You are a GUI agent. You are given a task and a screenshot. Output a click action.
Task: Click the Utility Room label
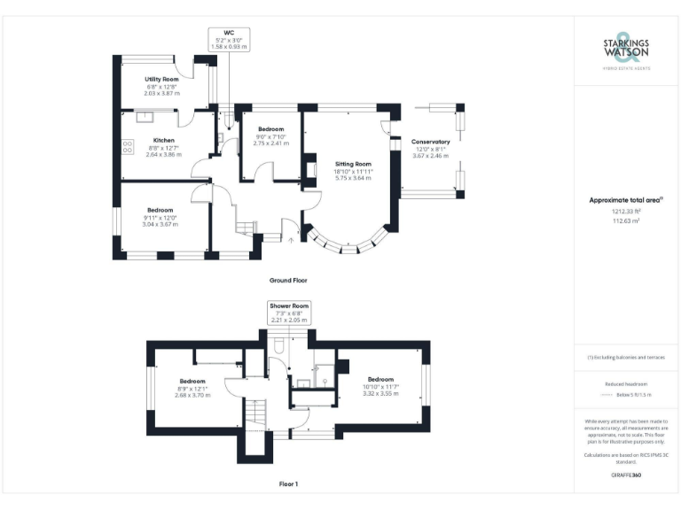point(163,80)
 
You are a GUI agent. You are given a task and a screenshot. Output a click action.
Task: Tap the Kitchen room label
point(163,141)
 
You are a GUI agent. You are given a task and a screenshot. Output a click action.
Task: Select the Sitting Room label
point(352,164)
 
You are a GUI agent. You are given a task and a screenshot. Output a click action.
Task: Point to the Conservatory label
point(430,142)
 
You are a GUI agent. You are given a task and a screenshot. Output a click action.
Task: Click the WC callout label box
point(229,38)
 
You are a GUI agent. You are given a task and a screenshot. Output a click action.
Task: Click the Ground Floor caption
point(288,280)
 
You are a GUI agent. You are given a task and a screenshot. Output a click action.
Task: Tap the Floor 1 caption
point(288,484)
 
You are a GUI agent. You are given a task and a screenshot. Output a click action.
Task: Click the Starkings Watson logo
point(625,51)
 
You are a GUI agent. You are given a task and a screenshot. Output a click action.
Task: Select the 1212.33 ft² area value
point(625,212)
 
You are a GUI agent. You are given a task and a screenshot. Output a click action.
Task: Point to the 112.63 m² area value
point(625,221)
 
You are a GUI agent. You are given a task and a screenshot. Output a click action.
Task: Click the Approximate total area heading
point(625,200)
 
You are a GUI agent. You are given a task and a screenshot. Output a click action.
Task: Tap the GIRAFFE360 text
point(625,475)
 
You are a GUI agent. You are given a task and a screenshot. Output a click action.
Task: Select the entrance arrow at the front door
point(292,237)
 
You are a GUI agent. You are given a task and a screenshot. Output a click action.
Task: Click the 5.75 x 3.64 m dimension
point(352,178)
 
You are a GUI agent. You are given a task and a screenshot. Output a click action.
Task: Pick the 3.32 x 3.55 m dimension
point(380,392)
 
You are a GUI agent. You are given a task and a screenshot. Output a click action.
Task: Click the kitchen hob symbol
point(127,145)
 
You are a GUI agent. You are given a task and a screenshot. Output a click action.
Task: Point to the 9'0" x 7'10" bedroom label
point(270,136)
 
